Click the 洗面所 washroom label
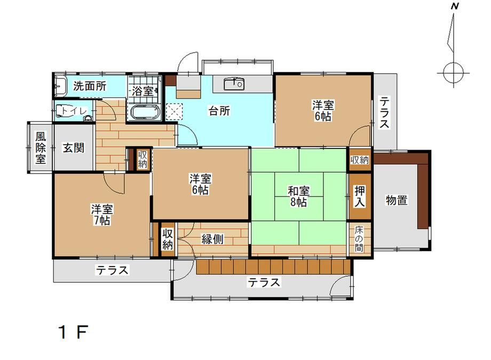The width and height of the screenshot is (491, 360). tap(90, 86)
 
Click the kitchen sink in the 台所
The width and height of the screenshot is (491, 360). tap(234, 84)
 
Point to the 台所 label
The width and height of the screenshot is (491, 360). tap(219, 111)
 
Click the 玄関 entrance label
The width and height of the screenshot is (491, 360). tap(74, 147)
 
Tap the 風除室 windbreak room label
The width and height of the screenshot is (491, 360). tap(41, 148)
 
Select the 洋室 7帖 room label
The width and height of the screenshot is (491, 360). tap(102, 215)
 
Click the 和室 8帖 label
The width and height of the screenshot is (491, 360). tap(299, 197)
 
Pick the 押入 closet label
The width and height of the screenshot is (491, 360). tap(360, 196)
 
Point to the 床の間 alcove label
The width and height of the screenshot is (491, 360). tap(360, 239)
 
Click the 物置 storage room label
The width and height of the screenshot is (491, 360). tap(397, 200)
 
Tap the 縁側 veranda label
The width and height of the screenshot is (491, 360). tap(212, 239)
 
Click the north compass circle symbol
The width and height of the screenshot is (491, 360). tap(454, 73)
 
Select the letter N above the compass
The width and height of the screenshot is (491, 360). tap(455, 6)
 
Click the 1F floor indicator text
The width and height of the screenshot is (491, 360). tap(73, 332)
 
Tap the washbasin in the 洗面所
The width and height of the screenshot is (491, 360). tap(61, 85)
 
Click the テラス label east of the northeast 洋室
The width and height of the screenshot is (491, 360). tap(385, 113)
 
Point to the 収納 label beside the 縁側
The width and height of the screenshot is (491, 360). tap(168, 239)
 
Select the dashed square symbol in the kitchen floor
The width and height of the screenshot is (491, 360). tap(174, 111)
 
